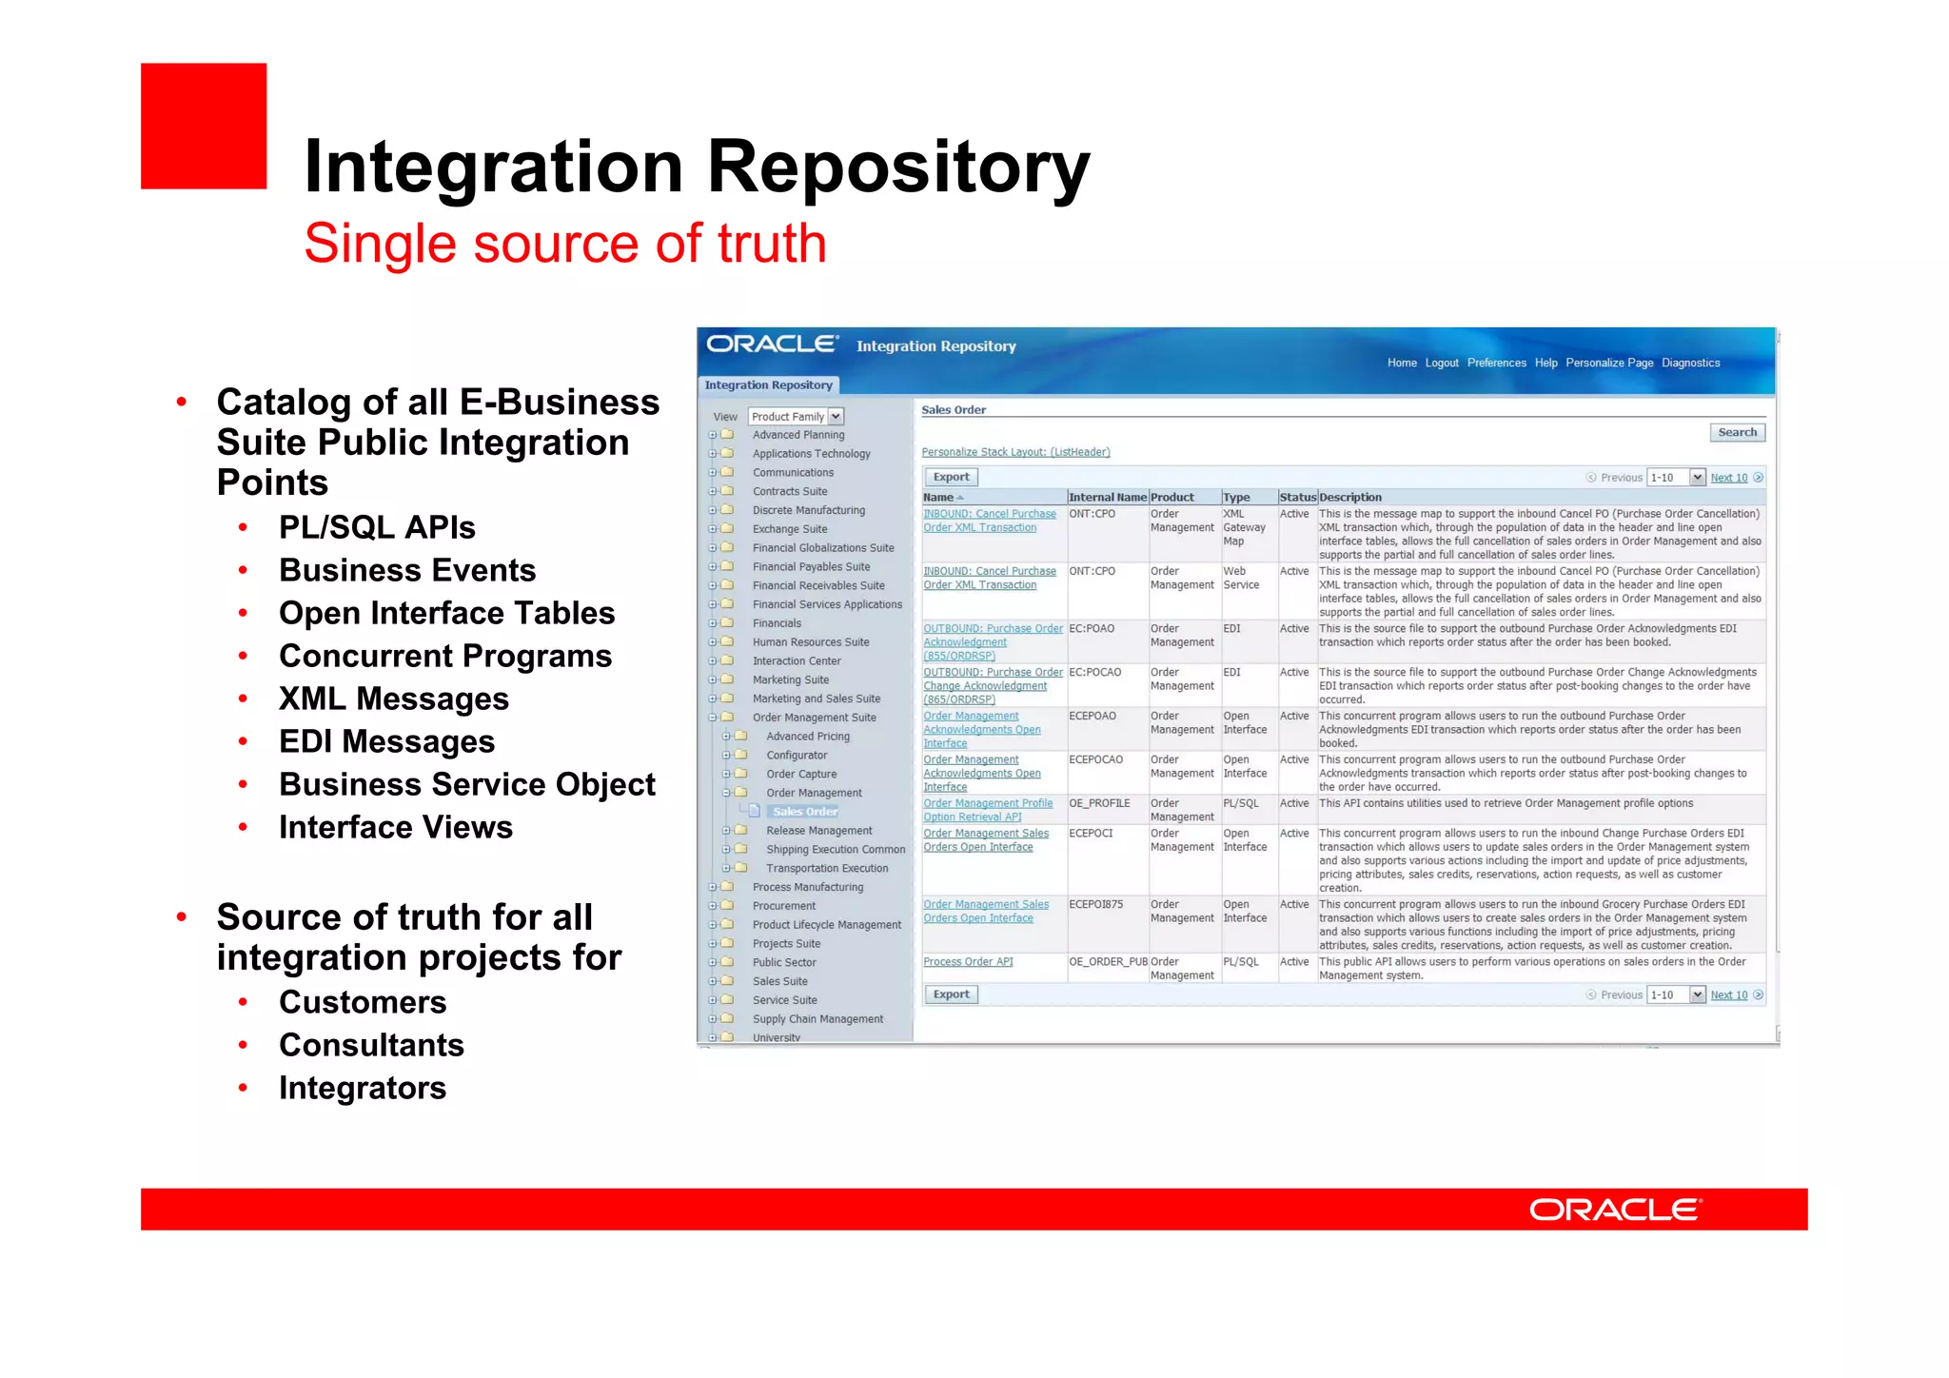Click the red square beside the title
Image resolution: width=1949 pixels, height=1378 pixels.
pos(204,127)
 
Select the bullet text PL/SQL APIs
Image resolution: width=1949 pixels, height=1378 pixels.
pos(377,527)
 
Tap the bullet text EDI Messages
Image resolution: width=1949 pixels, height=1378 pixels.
pos(386,741)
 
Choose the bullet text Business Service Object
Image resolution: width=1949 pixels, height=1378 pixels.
pos(466,784)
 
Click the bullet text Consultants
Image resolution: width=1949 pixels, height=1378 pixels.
pos(371,1045)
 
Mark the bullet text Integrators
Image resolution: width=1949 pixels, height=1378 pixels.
pos(363,1088)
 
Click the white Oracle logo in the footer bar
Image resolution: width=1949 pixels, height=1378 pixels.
pos(1615,1210)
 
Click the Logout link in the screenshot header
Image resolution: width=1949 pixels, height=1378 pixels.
pos(1441,363)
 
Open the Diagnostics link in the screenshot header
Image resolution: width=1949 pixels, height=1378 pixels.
pos(1690,363)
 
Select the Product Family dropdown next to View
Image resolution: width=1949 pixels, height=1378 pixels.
pos(796,416)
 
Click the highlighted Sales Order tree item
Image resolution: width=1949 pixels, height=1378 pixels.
pos(805,812)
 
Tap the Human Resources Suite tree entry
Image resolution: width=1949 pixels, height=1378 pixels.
pos(811,642)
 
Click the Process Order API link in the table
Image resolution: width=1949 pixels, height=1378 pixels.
pos(968,962)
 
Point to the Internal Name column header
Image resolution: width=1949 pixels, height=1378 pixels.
pos(1107,497)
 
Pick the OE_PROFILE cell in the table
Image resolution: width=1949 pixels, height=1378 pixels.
pos(1099,803)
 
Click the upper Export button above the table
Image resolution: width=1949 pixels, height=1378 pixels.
pos(951,477)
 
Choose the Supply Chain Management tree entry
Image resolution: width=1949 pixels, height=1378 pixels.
pos(817,1019)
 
